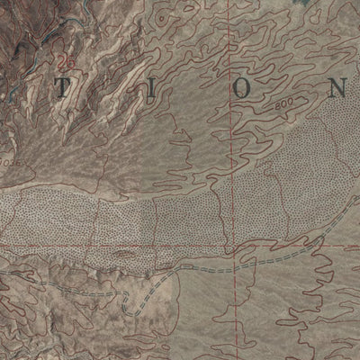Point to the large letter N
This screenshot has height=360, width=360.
coord(336,88)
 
